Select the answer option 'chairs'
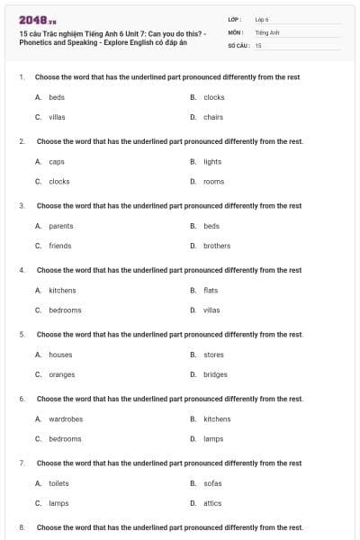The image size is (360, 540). [213, 117]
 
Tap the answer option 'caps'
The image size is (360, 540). [57, 162]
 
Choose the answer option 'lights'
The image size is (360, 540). [212, 162]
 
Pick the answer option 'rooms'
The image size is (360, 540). [213, 182]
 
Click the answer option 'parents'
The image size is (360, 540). [61, 226]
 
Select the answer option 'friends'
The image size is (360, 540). [60, 246]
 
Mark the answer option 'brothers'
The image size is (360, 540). [217, 246]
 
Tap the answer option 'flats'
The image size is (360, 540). [211, 290]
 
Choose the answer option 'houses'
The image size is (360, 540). [60, 355]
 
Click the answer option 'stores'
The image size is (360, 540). [213, 355]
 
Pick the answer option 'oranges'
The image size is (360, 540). [62, 374]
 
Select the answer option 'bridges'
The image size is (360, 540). [215, 374]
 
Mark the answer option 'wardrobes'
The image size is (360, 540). [66, 418]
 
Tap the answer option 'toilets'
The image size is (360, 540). [58, 483]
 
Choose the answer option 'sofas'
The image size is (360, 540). [212, 483]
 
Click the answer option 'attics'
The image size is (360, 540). [212, 503]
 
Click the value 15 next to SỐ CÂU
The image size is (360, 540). [258, 44]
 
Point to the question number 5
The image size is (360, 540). [22, 335]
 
